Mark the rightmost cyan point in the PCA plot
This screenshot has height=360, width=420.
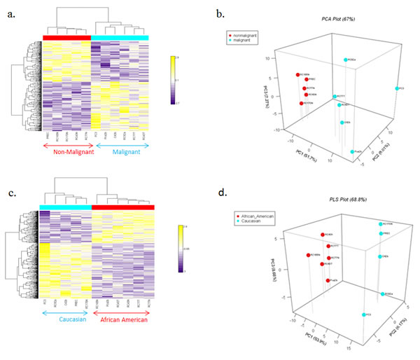click(x=397, y=88)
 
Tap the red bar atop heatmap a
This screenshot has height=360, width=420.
click(x=66, y=36)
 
